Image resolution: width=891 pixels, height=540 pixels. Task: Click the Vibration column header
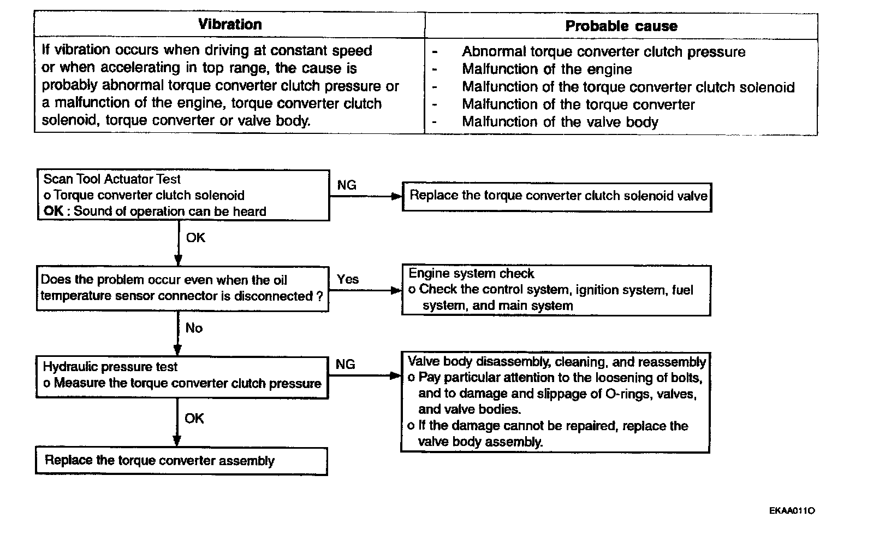coord(230,25)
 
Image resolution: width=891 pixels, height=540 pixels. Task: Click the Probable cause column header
coord(621,26)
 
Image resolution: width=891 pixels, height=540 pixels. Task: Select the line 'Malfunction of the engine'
coord(547,69)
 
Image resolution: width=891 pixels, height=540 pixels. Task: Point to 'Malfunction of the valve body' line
coord(560,122)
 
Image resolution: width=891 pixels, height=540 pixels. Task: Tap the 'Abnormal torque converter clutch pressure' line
coord(603,52)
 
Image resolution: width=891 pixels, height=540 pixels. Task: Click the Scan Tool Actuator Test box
coord(183,195)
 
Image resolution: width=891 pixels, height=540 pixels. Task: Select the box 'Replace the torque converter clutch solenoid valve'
coord(557,196)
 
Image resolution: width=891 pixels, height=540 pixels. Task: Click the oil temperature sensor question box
coord(182,288)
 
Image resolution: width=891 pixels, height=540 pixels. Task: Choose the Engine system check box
coord(556,290)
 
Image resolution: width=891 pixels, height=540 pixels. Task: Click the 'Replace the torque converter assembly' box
coord(181,461)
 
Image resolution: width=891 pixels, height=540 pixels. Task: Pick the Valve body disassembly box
coord(556,402)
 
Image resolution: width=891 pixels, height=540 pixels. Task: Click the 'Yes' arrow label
coord(348,279)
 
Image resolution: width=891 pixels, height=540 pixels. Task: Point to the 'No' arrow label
coord(194,328)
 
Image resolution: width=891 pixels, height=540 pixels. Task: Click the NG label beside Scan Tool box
coord(347,185)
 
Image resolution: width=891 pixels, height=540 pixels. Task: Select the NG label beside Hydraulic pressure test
coord(345,365)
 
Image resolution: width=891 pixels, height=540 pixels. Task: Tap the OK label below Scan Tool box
coord(195,238)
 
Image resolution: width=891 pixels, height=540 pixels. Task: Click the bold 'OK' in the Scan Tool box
coord(53,212)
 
